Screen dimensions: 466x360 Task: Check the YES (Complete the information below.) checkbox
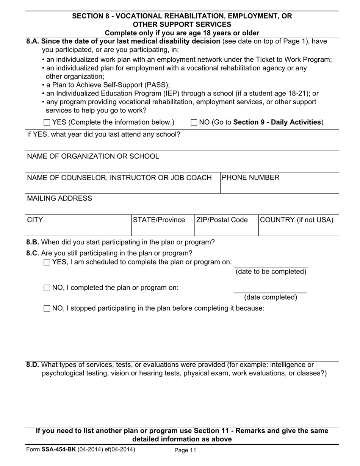coord(47,122)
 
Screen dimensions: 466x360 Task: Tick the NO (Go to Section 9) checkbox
coord(194,122)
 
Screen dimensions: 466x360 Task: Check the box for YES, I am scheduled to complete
coord(47,262)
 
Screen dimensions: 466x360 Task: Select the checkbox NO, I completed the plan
coord(47,288)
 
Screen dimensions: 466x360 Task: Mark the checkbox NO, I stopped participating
coord(47,308)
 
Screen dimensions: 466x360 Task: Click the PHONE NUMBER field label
coord(250,177)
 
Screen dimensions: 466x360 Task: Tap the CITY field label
coord(35,220)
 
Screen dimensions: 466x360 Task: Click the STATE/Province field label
coord(159,220)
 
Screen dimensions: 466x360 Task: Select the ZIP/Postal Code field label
coord(222,220)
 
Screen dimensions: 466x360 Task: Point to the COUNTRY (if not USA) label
coord(297,220)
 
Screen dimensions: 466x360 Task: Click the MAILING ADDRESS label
coord(59,198)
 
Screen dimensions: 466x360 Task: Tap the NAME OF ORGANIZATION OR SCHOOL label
coord(93,156)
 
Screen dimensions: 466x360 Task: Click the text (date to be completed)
coord(271,272)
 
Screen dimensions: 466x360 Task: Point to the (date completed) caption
coord(271,297)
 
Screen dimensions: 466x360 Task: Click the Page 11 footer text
coord(185,450)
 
